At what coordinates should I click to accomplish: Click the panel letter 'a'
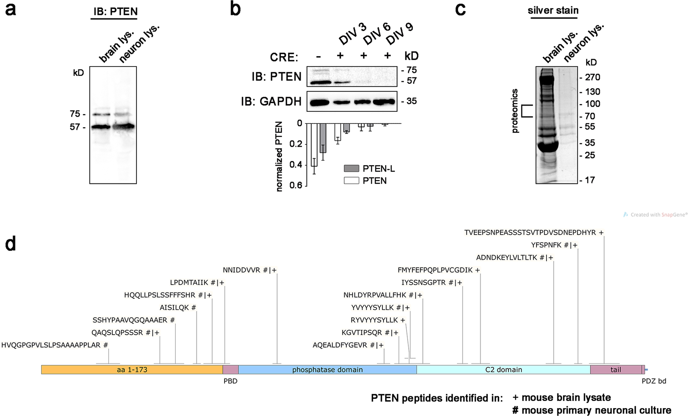pyautogui.click(x=10, y=9)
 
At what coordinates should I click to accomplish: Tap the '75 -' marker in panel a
pyautogui.click(x=77, y=114)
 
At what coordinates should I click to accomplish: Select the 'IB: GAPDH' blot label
pyautogui.click(x=271, y=101)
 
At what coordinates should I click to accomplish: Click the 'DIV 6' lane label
pyautogui.click(x=377, y=33)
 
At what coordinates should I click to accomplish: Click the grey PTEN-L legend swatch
pyautogui.click(x=351, y=169)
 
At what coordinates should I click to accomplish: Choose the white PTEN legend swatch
pyautogui.click(x=351, y=181)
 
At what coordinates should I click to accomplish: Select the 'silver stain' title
pyautogui.click(x=553, y=10)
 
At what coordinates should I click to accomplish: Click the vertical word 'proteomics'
pyautogui.click(x=515, y=111)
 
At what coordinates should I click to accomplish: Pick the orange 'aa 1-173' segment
pyautogui.click(x=132, y=370)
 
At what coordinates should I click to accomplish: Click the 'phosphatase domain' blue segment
pyautogui.click(x=327, y=370)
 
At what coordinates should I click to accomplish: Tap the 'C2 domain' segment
pyautogui.click(x=503, y=370)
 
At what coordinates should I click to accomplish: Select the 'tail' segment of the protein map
pyautogui.click(x=616, y=370)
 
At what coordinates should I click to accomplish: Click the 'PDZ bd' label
pyautogui.click(x=654, y=381)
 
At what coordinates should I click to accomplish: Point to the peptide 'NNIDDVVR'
pyautogui.click(x=242, y=270)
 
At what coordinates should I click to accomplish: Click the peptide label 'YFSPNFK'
pyautogui.click(x=546, y=245)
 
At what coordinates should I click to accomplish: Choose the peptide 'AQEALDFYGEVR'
pyautogui.click(x=340, y=345)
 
